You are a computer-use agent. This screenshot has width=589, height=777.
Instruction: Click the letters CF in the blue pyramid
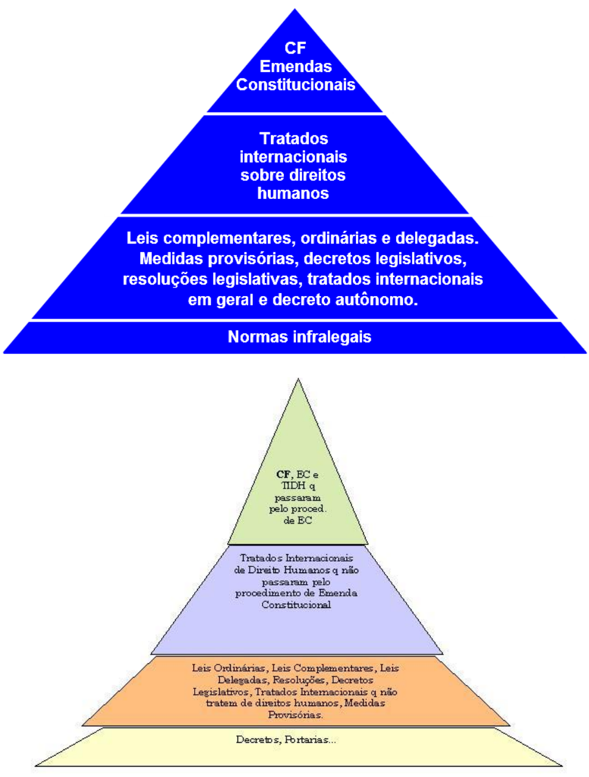tap(295, 48)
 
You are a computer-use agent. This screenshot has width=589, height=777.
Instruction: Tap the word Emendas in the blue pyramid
tap(295, 67)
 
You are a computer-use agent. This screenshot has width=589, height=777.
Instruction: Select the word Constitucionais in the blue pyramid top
tap(295, 85)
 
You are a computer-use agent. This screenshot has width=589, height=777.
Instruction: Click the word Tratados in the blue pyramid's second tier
tap(294, 139)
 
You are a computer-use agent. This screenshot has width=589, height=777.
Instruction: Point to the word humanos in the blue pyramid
tap(293, 193)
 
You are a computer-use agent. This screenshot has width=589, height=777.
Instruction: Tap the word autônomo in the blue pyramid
tap(383, 300)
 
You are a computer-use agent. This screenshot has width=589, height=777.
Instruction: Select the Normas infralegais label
tap(299, 337)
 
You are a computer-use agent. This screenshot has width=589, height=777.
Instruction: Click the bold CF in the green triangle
tap(283, 474)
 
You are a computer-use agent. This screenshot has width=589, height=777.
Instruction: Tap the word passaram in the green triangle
tap(297, 497)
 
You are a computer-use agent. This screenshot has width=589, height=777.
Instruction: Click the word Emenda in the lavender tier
tap(336, 593)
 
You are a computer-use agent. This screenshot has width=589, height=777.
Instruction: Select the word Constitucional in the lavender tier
tap(296, 604)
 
